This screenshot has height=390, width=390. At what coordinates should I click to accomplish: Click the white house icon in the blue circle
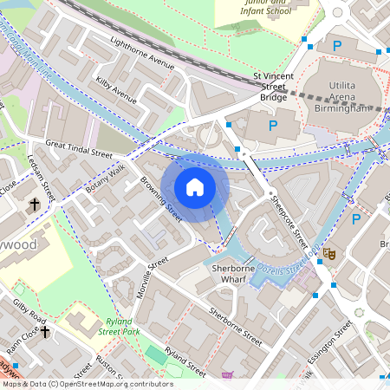[195, 187]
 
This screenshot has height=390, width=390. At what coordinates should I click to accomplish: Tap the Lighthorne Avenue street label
[142, 53]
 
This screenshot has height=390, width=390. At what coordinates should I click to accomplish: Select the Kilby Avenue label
[117, 90]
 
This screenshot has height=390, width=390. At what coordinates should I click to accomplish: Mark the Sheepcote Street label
[289, 223]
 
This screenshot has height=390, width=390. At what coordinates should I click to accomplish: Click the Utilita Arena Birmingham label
[350, 93]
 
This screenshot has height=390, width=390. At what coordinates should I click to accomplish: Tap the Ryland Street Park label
[119, 325]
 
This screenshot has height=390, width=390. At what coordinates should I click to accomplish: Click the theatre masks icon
[328, 254]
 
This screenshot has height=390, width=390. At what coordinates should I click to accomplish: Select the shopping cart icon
[227, 376]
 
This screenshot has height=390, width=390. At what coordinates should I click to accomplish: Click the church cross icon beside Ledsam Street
[36, 205]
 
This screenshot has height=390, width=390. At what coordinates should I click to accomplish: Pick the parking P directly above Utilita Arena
[337, 45]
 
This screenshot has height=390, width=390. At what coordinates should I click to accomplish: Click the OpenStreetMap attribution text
[87, 384]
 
